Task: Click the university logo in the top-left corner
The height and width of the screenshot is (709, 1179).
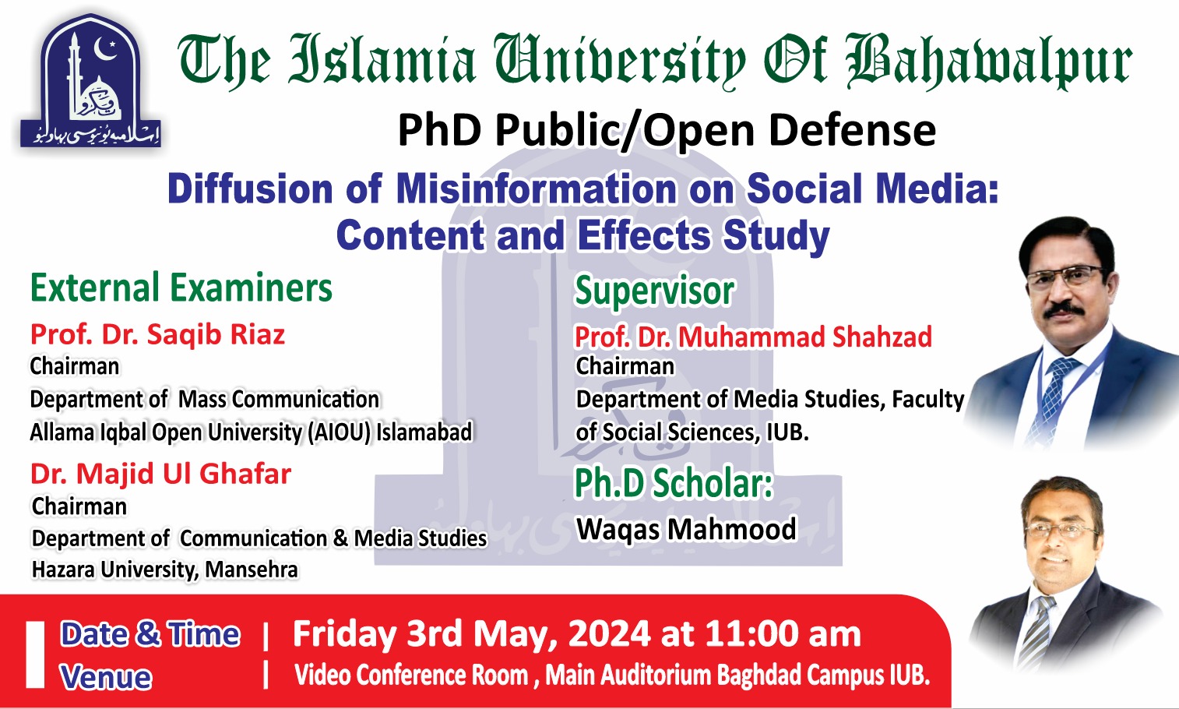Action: point(90,82)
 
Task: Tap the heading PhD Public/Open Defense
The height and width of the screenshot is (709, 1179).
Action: point(667,130)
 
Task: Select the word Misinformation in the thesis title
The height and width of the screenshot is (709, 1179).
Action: point(537,189)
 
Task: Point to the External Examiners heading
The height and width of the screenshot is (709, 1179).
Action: point(181,288)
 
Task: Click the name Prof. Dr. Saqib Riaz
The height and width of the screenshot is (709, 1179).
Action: point(157,334)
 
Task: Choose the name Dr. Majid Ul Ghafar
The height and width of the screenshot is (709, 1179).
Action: point(160,474)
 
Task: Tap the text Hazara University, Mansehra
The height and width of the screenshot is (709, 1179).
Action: point(164,570)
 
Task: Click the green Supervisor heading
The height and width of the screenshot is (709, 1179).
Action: point(654,291)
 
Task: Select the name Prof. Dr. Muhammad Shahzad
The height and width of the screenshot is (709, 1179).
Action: point(753,337)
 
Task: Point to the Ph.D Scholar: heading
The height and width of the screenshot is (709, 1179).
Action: point(673,483)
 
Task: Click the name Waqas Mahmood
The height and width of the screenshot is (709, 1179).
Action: point(686,529)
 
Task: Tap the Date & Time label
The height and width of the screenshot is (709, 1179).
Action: point(150,634)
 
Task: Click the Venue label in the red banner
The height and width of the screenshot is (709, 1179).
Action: point(106,677)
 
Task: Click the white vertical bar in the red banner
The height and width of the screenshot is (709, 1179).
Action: point(35,654)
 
